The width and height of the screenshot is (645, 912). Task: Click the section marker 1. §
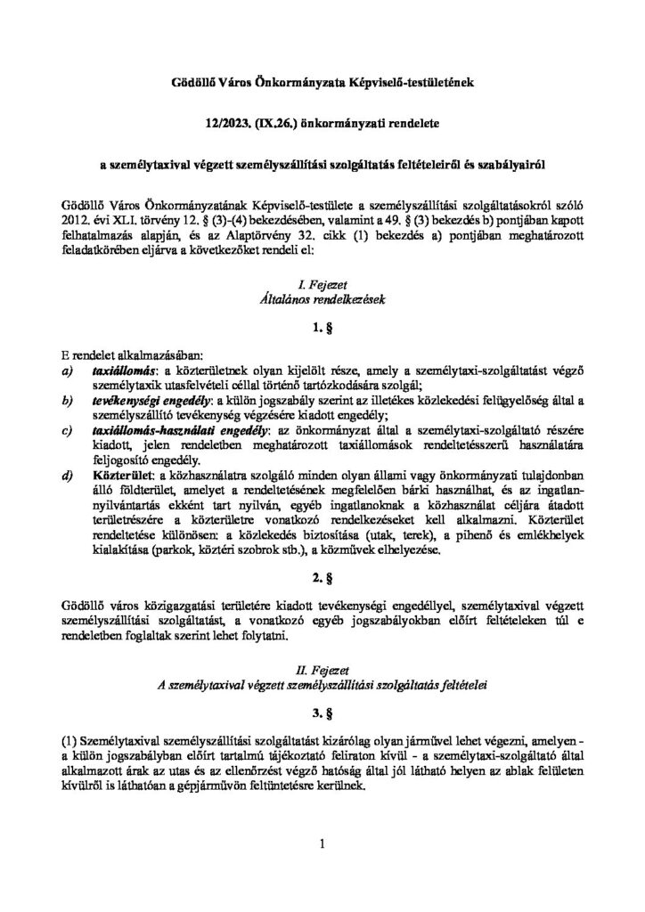322,330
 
